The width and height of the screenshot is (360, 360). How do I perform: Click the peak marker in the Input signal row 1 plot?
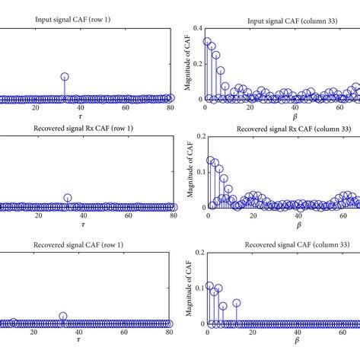tap(65, 77)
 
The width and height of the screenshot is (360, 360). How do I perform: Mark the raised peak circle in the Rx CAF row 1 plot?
tap(68, 198)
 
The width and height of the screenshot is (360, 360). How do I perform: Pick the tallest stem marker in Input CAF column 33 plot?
tap(207, 41)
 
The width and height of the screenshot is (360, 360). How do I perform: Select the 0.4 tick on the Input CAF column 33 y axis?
tap(196, 27)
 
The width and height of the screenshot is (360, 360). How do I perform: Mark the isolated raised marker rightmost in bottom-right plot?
tap(237, 303)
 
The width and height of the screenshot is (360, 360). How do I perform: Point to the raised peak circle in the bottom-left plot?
tap(63, 316)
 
